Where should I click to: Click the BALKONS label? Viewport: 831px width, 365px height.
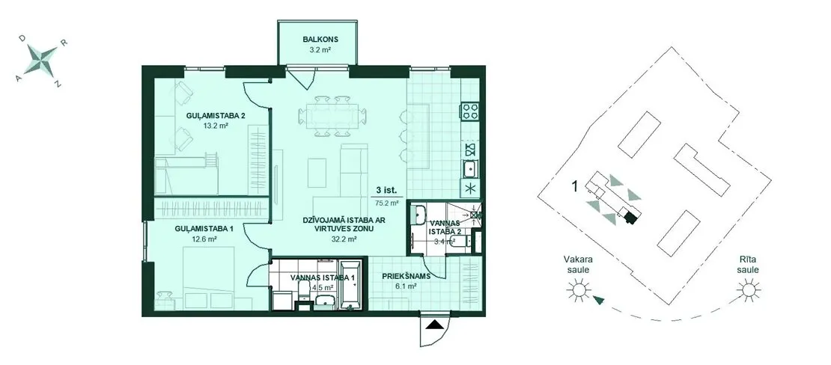pos(320,39)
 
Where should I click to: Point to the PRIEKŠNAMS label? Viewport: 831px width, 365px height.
pos(406,276)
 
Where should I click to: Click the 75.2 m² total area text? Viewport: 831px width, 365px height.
pos(387,202)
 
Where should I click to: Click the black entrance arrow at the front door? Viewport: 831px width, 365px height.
pos(434,326)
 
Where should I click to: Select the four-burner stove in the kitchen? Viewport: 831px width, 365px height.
pos(470,110)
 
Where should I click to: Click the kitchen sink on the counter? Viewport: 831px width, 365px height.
pos(470,170)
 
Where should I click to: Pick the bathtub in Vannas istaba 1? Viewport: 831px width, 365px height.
pos(350,285)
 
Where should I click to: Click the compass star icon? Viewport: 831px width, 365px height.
pos(41,59)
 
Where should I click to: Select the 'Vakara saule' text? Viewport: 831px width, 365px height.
pos(578,265)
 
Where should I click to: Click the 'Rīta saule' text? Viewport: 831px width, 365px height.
pos(749,265)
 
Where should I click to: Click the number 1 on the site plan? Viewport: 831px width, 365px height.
pos(574,186)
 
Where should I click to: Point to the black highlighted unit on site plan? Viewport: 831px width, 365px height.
pos(630,218)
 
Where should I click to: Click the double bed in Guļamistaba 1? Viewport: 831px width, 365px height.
pos(201,279)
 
